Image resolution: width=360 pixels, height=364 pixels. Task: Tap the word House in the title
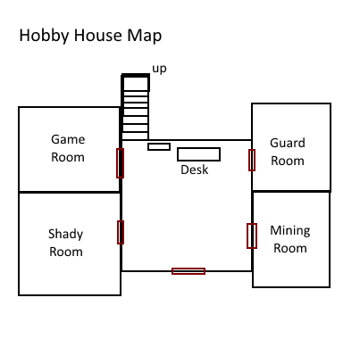(x=98, y=35)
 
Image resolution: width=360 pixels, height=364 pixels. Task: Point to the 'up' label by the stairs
(x=159, y=69)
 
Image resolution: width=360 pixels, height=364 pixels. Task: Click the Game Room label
(x=68, y=148)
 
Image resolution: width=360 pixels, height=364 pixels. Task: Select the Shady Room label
(x=65, y=243)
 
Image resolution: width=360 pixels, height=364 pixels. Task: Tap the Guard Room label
(x=288, y=152)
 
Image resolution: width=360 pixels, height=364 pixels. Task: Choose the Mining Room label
(x=290, y=239)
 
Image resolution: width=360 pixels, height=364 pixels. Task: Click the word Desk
(x=195, y=170)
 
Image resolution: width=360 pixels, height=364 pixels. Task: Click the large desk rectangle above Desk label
(x=198, y=154)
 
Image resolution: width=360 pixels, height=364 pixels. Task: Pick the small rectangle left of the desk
(x=159, y=146)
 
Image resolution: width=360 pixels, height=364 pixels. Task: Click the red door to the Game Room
(x=120, y=163)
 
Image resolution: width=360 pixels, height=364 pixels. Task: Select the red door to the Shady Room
(x=121, y=232)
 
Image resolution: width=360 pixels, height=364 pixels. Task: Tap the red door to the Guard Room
(x=252, y=161)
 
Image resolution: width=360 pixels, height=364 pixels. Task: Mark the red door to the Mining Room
(x=252, y=236)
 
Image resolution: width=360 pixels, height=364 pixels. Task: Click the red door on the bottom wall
(x=188, y=271)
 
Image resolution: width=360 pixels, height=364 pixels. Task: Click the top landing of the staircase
(x=136, y=83)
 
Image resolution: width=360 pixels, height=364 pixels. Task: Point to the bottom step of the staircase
(x=136, y=136)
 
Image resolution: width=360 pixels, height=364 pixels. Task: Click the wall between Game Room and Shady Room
(x=70, y=193)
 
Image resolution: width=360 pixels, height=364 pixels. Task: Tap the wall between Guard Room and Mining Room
(x=291, y=191)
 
